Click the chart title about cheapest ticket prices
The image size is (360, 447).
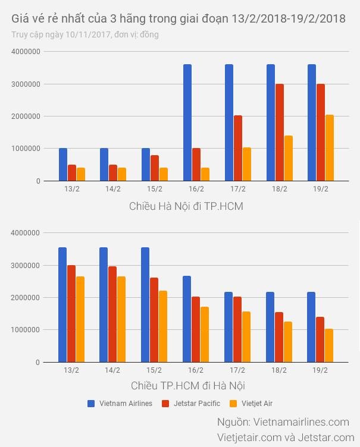179,18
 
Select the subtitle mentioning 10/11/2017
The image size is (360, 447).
85,34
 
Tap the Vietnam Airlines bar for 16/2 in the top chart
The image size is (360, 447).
187,122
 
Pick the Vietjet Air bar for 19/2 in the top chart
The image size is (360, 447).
329,148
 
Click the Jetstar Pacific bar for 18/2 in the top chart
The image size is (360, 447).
279,133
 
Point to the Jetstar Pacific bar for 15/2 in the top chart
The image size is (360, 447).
155,168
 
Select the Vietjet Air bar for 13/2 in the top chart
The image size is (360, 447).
81,174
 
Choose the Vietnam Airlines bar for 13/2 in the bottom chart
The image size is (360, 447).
62,304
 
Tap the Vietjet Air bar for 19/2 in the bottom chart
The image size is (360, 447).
329,345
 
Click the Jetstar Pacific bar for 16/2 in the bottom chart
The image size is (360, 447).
196,329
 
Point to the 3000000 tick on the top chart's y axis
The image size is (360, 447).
26,84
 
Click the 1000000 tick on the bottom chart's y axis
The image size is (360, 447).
26,330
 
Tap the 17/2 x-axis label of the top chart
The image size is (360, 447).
237,189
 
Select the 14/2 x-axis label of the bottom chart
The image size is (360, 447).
112,370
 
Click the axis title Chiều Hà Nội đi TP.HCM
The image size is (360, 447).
186,206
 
